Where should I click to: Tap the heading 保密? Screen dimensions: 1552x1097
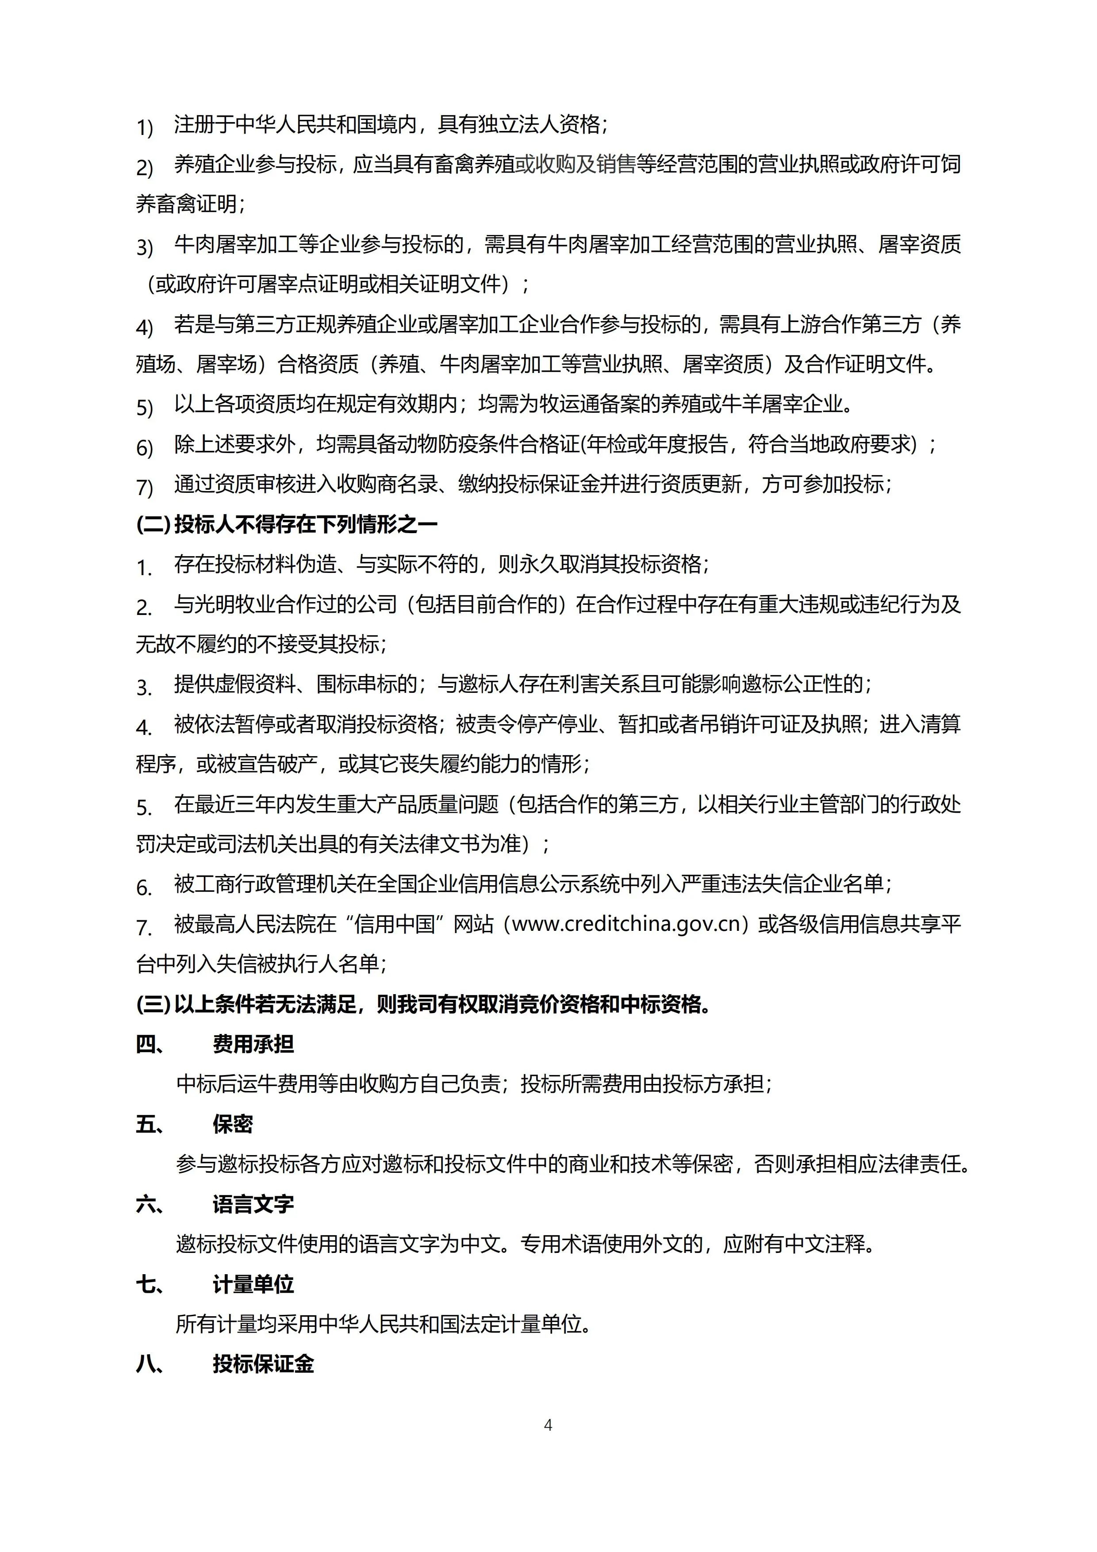tap(233, 1124)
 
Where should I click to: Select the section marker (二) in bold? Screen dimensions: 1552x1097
tap(153, 525)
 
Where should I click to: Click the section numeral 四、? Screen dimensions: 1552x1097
tap(150, 1045)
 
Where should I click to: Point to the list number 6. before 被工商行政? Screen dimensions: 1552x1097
tap(144, 887)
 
